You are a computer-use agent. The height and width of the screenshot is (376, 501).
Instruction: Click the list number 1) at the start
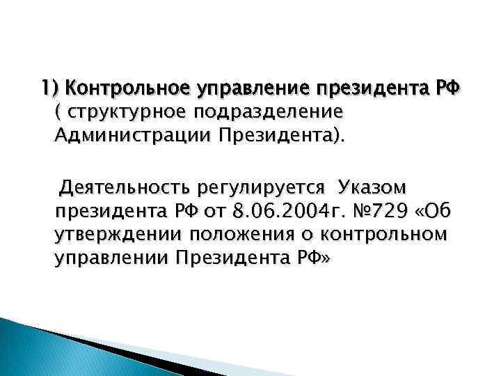(x=51, y=88)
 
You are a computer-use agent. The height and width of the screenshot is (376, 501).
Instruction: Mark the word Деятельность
(x=125, y=188)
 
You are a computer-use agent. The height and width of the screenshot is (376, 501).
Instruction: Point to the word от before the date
(x=216, y=211)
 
